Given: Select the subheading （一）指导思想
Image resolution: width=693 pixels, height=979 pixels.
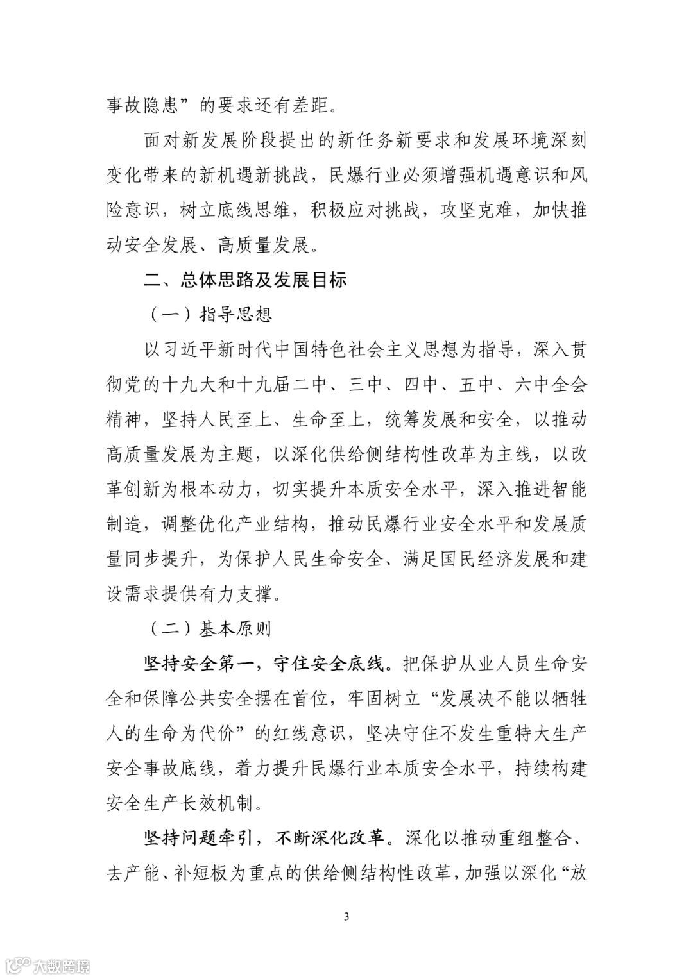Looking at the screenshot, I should click(210, 315).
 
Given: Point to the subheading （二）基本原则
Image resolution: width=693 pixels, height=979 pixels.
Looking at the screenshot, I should click(210, 628).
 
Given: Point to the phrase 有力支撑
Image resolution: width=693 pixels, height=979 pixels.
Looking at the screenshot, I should click(239, 594).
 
